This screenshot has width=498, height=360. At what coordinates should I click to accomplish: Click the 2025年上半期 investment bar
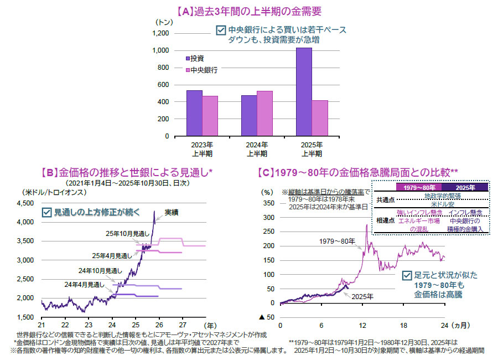[x=304, y=91]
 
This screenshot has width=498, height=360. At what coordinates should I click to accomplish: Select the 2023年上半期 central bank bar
[x=210, y=116]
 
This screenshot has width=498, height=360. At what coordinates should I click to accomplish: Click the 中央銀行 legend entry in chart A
[x=203, y=70]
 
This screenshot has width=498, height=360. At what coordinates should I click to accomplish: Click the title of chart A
[x=248, y=11]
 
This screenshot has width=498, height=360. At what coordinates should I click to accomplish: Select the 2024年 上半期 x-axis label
[x=257, y=150]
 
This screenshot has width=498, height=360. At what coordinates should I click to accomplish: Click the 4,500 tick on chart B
[x=27, y=203]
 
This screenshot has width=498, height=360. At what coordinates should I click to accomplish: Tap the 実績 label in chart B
[x=172, y=212]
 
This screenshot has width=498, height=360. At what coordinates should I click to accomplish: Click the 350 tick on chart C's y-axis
[x=268, y=203]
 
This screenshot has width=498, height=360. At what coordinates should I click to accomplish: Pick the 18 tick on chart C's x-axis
[x=404, y=325]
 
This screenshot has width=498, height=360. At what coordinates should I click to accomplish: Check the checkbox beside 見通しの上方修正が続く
[x=46, y=212]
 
